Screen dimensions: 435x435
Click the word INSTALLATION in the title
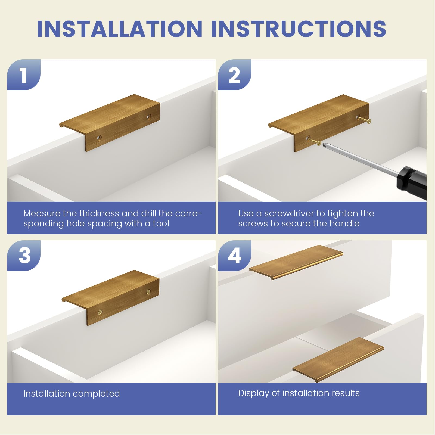click(x=120, y=29)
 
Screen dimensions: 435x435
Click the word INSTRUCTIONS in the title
click(x=299, y=29)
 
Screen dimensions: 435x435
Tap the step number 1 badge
click(x=24, y=75)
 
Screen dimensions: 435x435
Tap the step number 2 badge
click(x=234, y=75)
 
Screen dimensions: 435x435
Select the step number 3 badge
click(x=24, y=256)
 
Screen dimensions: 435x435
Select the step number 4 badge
click(x=234, y=256)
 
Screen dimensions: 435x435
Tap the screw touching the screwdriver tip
click(x=314, y=141)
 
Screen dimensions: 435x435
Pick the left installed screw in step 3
click(x=100, y=313)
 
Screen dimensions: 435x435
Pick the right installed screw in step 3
click(x=148, y=292)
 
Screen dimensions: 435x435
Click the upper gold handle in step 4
click(x=296, y=262)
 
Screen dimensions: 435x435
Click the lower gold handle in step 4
click(x=338, y=359)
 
